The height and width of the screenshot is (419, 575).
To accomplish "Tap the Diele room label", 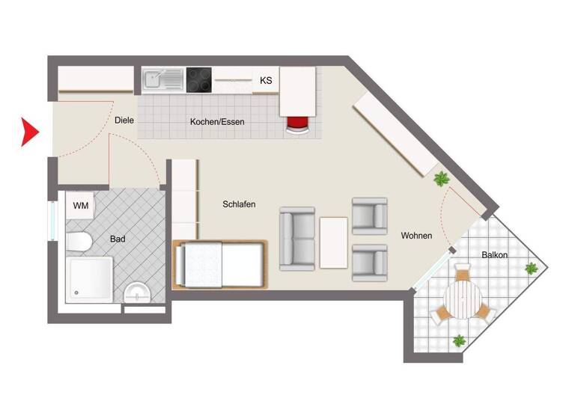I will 124,120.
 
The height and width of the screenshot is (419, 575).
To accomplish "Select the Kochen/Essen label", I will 217,122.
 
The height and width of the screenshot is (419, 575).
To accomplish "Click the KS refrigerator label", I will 266,80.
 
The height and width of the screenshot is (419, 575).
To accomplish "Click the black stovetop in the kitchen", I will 199,79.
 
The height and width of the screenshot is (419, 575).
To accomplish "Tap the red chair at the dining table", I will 297,124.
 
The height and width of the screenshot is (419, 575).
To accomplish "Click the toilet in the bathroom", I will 77,241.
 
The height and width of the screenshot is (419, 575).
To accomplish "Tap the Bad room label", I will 118,239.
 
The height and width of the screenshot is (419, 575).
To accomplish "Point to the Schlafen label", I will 240,204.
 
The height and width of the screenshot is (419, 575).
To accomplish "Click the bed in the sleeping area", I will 219,265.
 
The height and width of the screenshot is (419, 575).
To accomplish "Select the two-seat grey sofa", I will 297,239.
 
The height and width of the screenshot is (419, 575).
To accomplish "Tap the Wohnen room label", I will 416,236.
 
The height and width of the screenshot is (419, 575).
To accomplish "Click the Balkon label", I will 495,255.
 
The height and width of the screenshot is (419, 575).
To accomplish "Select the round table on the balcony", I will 462,302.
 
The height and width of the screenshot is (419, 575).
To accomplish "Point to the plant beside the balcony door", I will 442,179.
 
